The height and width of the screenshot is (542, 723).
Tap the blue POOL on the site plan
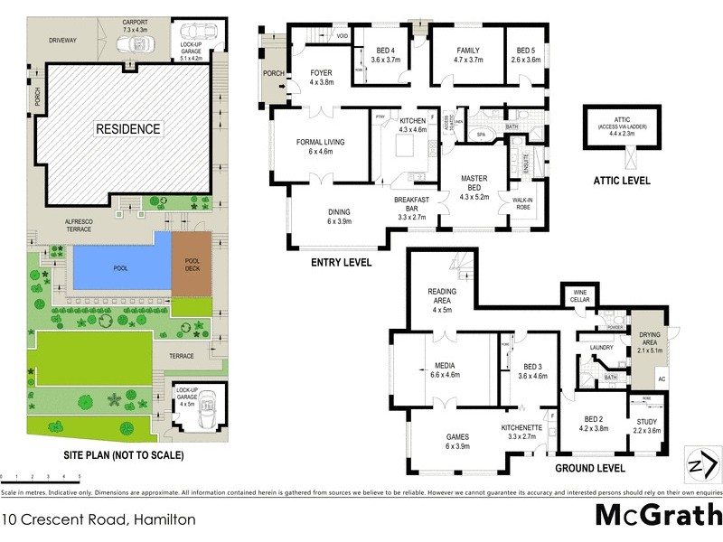click(x=120, y=268)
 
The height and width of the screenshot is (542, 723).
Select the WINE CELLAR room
click(x=578, y=296)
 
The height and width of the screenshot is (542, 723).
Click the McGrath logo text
click(x=657, y=515)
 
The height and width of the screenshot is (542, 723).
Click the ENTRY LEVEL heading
click(x=340, y=262)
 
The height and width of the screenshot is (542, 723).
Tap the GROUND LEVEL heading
click(x=589, y=468)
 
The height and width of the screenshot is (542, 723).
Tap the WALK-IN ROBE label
click(x=522, y=204)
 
